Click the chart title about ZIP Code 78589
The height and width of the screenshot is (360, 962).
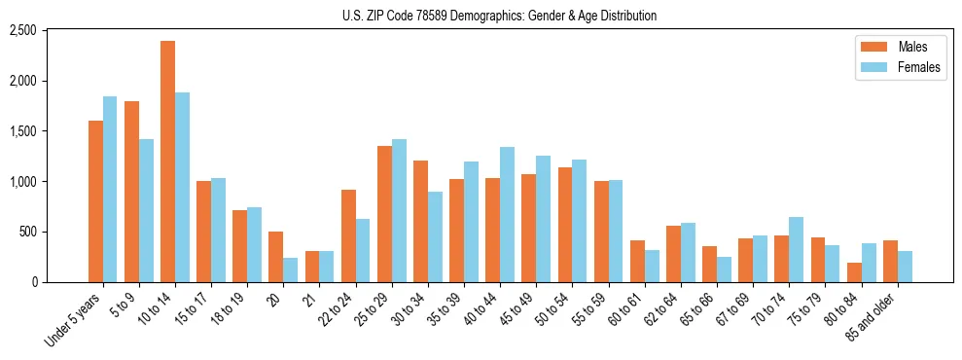499,16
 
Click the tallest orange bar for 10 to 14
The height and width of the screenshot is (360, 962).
167,162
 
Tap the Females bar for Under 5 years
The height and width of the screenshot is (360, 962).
110,190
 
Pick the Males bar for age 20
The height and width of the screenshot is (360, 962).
276,257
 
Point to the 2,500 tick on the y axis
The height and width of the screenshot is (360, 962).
49,30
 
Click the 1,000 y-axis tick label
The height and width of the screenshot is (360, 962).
49,182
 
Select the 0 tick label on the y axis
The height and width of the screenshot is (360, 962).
59,282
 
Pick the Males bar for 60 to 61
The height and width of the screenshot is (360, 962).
637,262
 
